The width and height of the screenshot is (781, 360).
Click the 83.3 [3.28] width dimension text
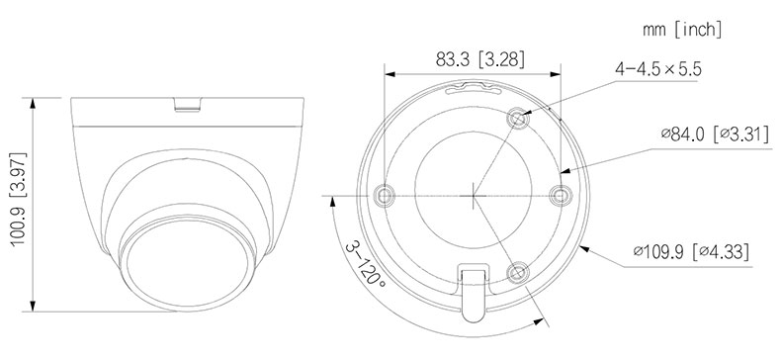(x=480, y=59)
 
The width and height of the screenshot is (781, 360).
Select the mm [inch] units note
(x=682, y=30)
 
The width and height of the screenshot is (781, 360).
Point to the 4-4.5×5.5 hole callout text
(x=658, y=69)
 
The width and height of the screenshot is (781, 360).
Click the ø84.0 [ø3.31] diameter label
(x=714, y=135)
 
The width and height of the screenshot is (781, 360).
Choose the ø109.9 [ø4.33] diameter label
(x=691, y=251)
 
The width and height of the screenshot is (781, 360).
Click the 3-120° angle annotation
(x=365, y=263)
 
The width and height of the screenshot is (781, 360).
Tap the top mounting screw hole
(x=517, y=119)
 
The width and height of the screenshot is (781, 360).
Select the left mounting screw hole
(x=385, y=195)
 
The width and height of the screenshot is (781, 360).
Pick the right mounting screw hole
(x=561, y=195)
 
